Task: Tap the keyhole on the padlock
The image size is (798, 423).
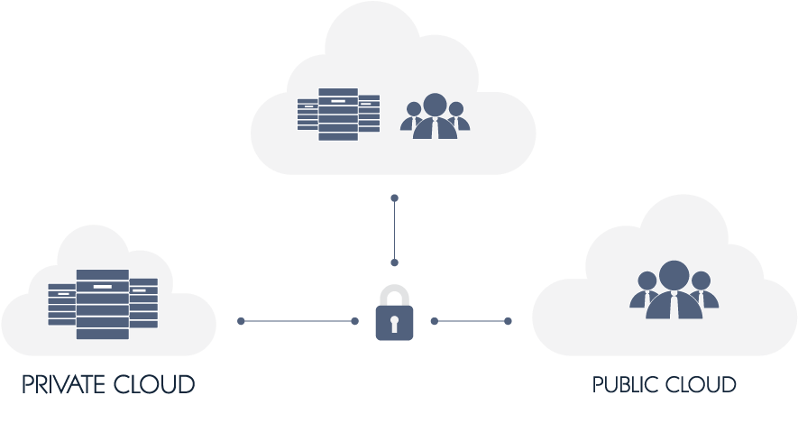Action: point(394,323)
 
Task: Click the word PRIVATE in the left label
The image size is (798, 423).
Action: point(64,385)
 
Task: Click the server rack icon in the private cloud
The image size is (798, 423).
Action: point(103,304)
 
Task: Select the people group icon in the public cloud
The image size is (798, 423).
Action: point(674,290)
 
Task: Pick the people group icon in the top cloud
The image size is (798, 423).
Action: point(435,115)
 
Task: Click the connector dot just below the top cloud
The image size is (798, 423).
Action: point(394,198)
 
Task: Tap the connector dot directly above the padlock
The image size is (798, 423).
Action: point(394,262)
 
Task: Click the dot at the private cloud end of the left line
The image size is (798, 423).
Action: point(241,321)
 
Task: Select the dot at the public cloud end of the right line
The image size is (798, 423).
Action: point(508,321)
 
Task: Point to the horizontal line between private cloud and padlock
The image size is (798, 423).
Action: point(298,321)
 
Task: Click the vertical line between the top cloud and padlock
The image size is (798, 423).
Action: point(394,230)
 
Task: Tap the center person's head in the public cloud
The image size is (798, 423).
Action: point(674,274)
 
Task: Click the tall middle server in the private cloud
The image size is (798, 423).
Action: point(103,304)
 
